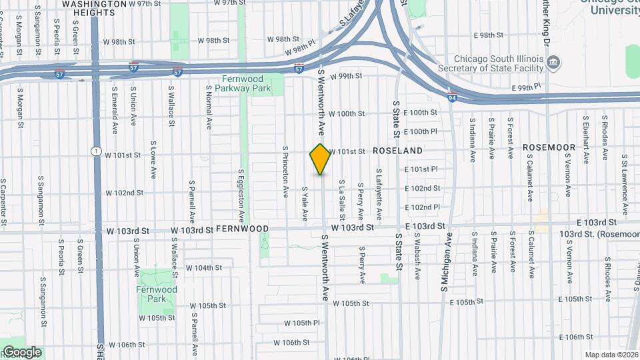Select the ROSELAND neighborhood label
click(397, 151)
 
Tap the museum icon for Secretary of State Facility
click(553, 63)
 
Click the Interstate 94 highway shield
click(453, 98)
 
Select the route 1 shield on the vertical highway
click(97, 152)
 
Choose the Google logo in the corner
click(21, 351)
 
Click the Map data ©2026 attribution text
click(611, 355)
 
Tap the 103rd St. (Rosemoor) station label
click(599, 234)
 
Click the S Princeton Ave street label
click(285, 171)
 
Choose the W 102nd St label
click(125, 193)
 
